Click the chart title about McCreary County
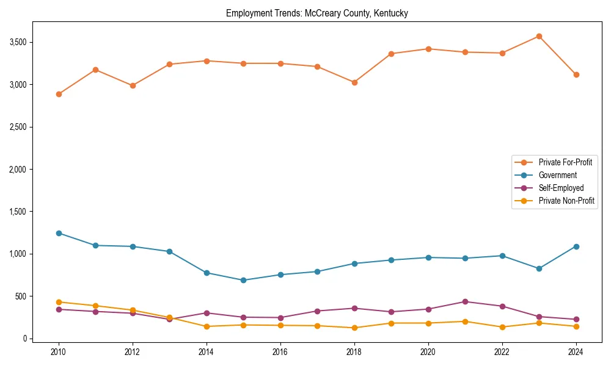point(316,13)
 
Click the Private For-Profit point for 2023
point(539,36)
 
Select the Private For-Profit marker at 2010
point(59,94)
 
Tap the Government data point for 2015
point(243,280)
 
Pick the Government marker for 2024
point(576,246)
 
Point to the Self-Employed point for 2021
point(465,301)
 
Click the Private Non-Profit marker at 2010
point(59,302)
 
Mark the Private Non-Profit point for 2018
point(354,328)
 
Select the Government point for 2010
point(59,233)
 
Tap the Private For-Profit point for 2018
point(354,82)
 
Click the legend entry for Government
point(557,175)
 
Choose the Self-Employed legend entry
point(561,188)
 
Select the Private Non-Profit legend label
point(566,201)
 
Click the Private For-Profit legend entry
point(565,162)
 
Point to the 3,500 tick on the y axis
point(18,42)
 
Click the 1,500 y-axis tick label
point(18,212)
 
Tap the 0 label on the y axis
point(25,339)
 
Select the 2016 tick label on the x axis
point(280,352)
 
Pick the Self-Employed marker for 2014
point(207,313)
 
